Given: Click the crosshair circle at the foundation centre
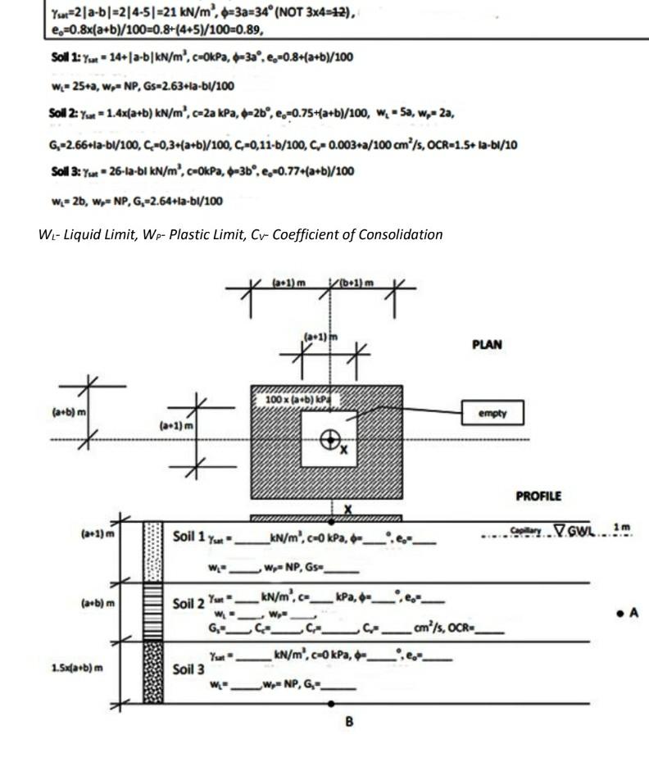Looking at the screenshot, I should click(329, 440).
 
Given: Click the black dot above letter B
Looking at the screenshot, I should click(330, 703).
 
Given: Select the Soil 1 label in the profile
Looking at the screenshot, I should click(189, 537).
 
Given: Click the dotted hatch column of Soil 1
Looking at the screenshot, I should click(153, 551).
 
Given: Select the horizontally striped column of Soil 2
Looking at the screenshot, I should click(153, 612).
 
